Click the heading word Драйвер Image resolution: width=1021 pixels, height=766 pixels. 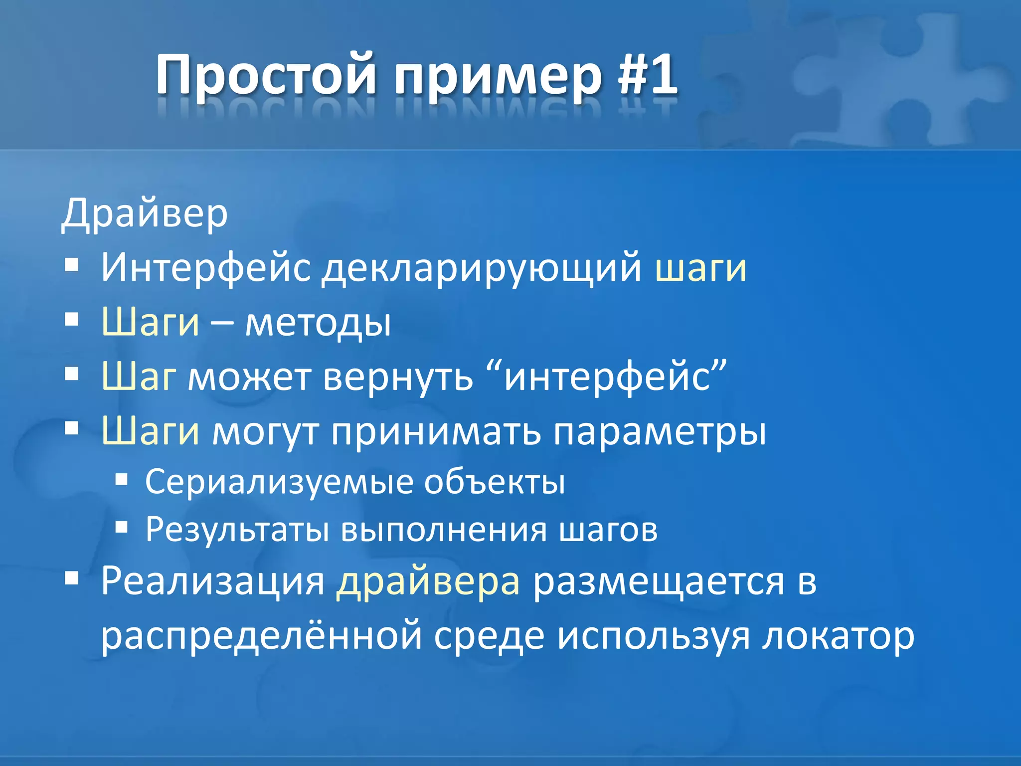[145, 214]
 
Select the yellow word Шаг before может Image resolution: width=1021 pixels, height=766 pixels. [139, 377]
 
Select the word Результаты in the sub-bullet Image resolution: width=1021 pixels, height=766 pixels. [237, 530]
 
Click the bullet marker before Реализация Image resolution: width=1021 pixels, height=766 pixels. [72, 578]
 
